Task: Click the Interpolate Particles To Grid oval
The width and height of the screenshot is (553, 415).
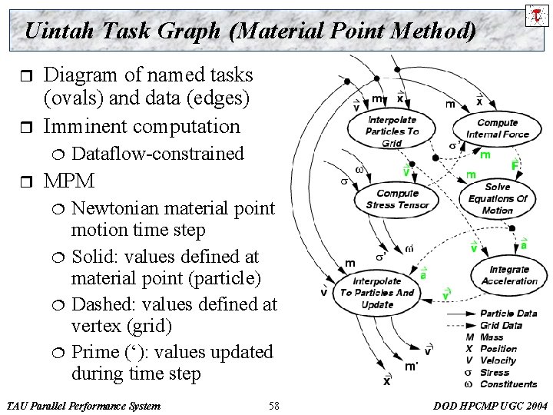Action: tap(392, 131)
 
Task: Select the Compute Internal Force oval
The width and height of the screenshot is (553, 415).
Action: tap(497, 128)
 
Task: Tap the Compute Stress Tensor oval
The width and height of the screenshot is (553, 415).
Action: tap(397, 199)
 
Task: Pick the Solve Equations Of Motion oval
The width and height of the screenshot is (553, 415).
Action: tap(497, 199)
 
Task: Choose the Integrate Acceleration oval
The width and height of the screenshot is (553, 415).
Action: tap(508, 274)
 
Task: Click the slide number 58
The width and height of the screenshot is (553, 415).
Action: tap(276, 404)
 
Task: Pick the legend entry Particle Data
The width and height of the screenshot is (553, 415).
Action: tap(508, 313)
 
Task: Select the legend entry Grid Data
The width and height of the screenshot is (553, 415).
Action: tap(501, 325)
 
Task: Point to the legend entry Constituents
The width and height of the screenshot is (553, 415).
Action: tap(508, 384)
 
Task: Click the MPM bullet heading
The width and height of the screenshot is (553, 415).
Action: tap(69, 182)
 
